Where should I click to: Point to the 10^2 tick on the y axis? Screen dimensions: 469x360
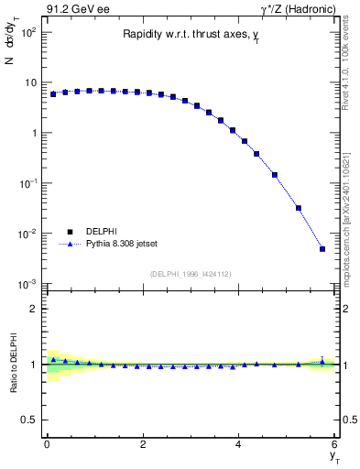pyautogui.click(x=29, y=31)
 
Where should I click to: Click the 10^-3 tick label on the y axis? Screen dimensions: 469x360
pyautogui.click(x=27, y=284)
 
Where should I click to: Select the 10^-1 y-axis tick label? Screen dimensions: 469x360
pyautogui.click(x=27, y=183)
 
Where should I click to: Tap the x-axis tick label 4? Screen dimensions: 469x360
pyautogui.click(x=238, y=444)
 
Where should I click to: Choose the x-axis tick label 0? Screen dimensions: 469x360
pyautogui.click(x=47, y=444)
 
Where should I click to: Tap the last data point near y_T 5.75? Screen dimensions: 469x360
pyautogui.click(x=322, y=248)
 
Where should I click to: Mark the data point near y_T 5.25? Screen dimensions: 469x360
pyautogui.click(x=299, y=208)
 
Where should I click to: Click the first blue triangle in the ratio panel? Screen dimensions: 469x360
pyautogui.click(x=53, y=359)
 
